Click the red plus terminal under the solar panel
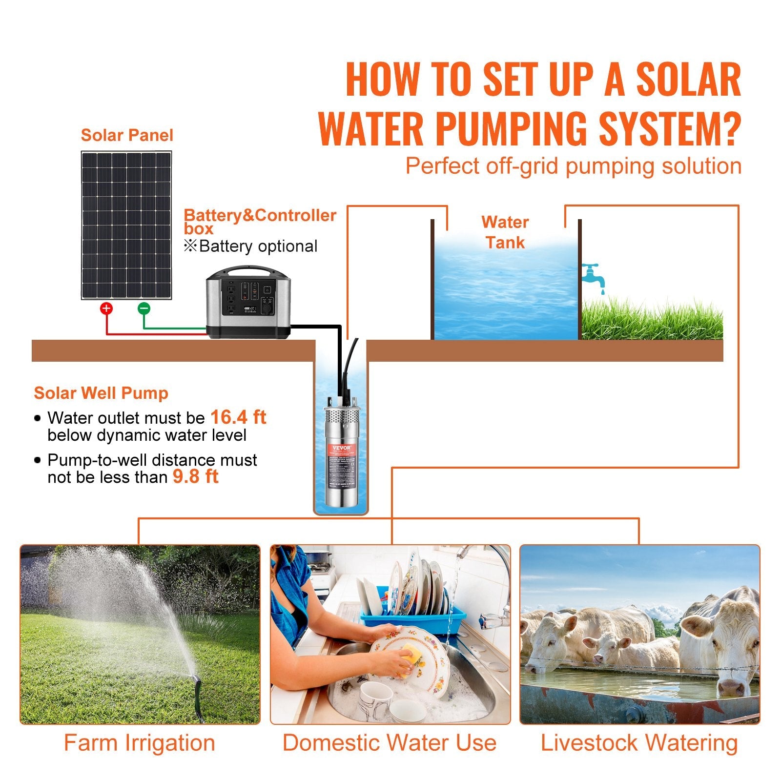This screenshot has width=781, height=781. coord(106,308)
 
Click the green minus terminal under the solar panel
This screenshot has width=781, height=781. coord(144,308)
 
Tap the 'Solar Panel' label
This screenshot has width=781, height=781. coord(127,135)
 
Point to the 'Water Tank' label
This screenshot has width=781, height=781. coord(505,232)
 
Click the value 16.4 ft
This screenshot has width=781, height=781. coord(238,417)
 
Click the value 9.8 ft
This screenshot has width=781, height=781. coord(195,476)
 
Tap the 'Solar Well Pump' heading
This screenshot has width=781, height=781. coord(101,393)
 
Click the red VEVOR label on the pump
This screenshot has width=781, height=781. coord(341,448)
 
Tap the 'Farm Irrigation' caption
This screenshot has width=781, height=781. coord(140,743)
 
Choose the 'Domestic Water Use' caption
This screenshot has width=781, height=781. coord(390,743)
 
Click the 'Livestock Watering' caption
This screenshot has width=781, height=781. coord(639,743)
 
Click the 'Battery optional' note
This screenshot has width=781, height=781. coord(251,246)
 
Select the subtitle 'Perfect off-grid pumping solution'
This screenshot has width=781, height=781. coord(573,166)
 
